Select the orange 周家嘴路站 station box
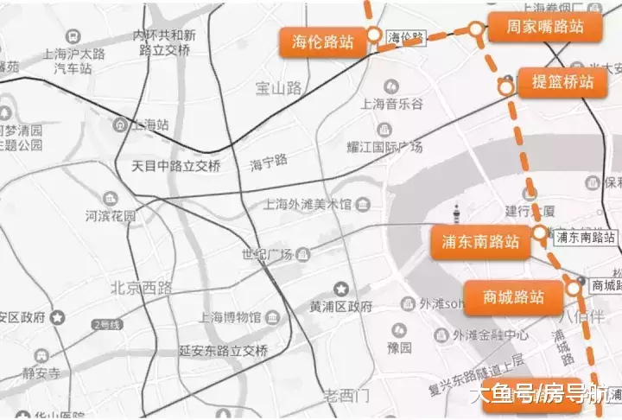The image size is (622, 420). coord(546,27)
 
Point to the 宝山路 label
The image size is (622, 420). coord(278,87)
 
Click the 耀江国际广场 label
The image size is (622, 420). coord(385,147)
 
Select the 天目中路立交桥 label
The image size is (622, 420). coord(175,164)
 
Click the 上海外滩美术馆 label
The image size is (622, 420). coord(308,205)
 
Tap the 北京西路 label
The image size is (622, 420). coord(142,287)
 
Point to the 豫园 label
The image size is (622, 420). coord(399,347)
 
